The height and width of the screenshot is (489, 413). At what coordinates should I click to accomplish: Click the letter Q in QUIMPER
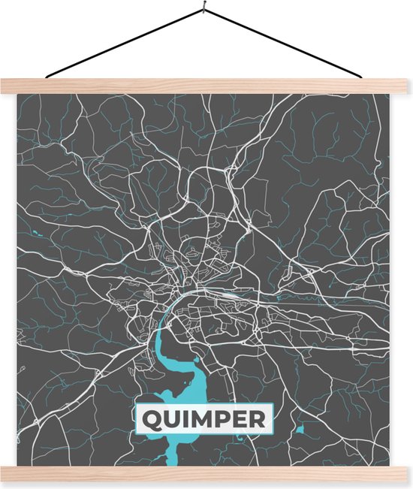149,418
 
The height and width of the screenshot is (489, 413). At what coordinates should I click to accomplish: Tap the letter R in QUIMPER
258,418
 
